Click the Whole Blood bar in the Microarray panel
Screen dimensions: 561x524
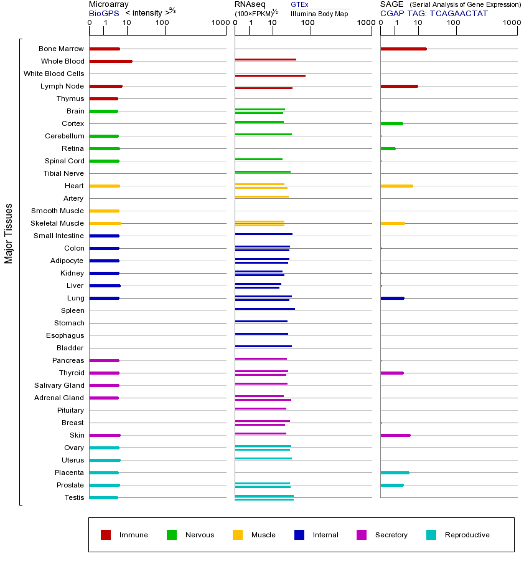tap(111, 61)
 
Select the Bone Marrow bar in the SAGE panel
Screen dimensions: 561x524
tap(403, 49)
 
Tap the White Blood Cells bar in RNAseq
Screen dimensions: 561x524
tap(270, 75)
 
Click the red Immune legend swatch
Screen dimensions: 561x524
tap(106, 535)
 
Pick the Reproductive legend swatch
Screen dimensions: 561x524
tap(431, 535)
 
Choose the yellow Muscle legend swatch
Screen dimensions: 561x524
tap(238, 535)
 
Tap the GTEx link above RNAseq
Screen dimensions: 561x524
tap(299, 4)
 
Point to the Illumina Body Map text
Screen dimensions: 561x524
tap(319, 13)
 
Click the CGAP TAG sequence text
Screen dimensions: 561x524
tap(434, 13)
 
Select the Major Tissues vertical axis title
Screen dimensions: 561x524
tap(9, 233)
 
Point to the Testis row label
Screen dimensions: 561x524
tap(74, 497)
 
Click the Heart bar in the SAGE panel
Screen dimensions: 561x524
tap(396, 186)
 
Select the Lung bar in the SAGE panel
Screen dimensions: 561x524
tap(392, 298)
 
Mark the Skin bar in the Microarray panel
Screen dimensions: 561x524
tap(105, 435)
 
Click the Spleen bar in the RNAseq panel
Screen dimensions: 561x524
tap(264, 309)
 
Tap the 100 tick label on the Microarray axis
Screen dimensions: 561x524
tap(162, 23)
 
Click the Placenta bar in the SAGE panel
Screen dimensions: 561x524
tap(395, 472)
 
